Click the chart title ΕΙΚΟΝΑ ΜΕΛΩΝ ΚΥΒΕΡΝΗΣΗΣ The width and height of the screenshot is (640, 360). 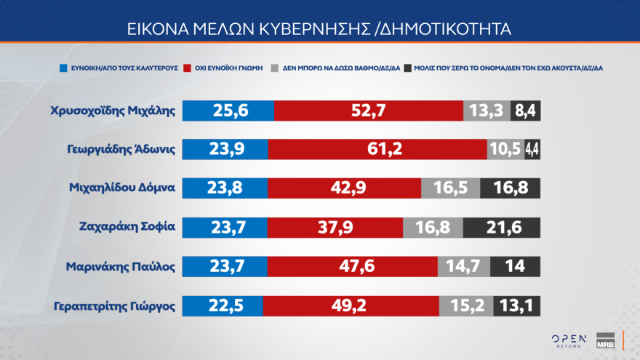(319, 28)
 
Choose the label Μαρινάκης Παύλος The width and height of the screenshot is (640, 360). (121, 265)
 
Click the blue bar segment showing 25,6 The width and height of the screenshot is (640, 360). (228, 111)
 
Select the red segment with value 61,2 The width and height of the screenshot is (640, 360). (377, 149)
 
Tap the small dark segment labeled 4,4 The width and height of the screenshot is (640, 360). (533, 149)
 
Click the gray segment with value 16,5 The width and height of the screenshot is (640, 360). (450, 188)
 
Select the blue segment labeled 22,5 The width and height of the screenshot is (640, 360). (222, 306)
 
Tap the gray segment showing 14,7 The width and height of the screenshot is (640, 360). (464, 266)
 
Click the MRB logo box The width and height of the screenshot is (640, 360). (606, 340)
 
